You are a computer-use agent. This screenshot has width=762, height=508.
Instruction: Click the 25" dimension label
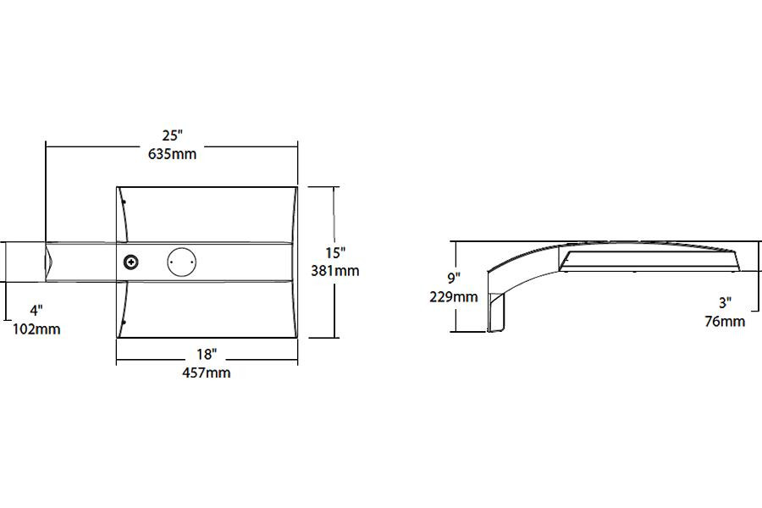click(173, 135)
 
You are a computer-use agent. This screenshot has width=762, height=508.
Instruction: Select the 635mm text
click(173, 154)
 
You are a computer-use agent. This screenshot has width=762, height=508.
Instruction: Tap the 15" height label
click(336, 252)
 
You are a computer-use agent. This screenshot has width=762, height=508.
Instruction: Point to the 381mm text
click(336, 271)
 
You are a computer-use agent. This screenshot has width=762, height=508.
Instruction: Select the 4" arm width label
click(36, 310)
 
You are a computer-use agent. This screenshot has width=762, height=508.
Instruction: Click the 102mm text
click(36, 329)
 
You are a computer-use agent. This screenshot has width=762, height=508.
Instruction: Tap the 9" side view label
click(454, 278)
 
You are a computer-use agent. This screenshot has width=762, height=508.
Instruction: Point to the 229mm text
click(454, 297)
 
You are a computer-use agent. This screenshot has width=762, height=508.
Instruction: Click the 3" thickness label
click(725, 302)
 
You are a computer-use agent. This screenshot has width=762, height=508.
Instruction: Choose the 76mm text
click(725, 321)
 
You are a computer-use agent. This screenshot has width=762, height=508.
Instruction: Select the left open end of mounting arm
click(49, 262)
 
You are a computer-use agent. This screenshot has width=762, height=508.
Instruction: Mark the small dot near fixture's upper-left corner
click(124, 202)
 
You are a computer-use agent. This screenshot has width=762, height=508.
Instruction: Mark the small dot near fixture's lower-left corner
click(124, 323)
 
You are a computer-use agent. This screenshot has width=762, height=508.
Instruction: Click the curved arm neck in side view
click(516, 262)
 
